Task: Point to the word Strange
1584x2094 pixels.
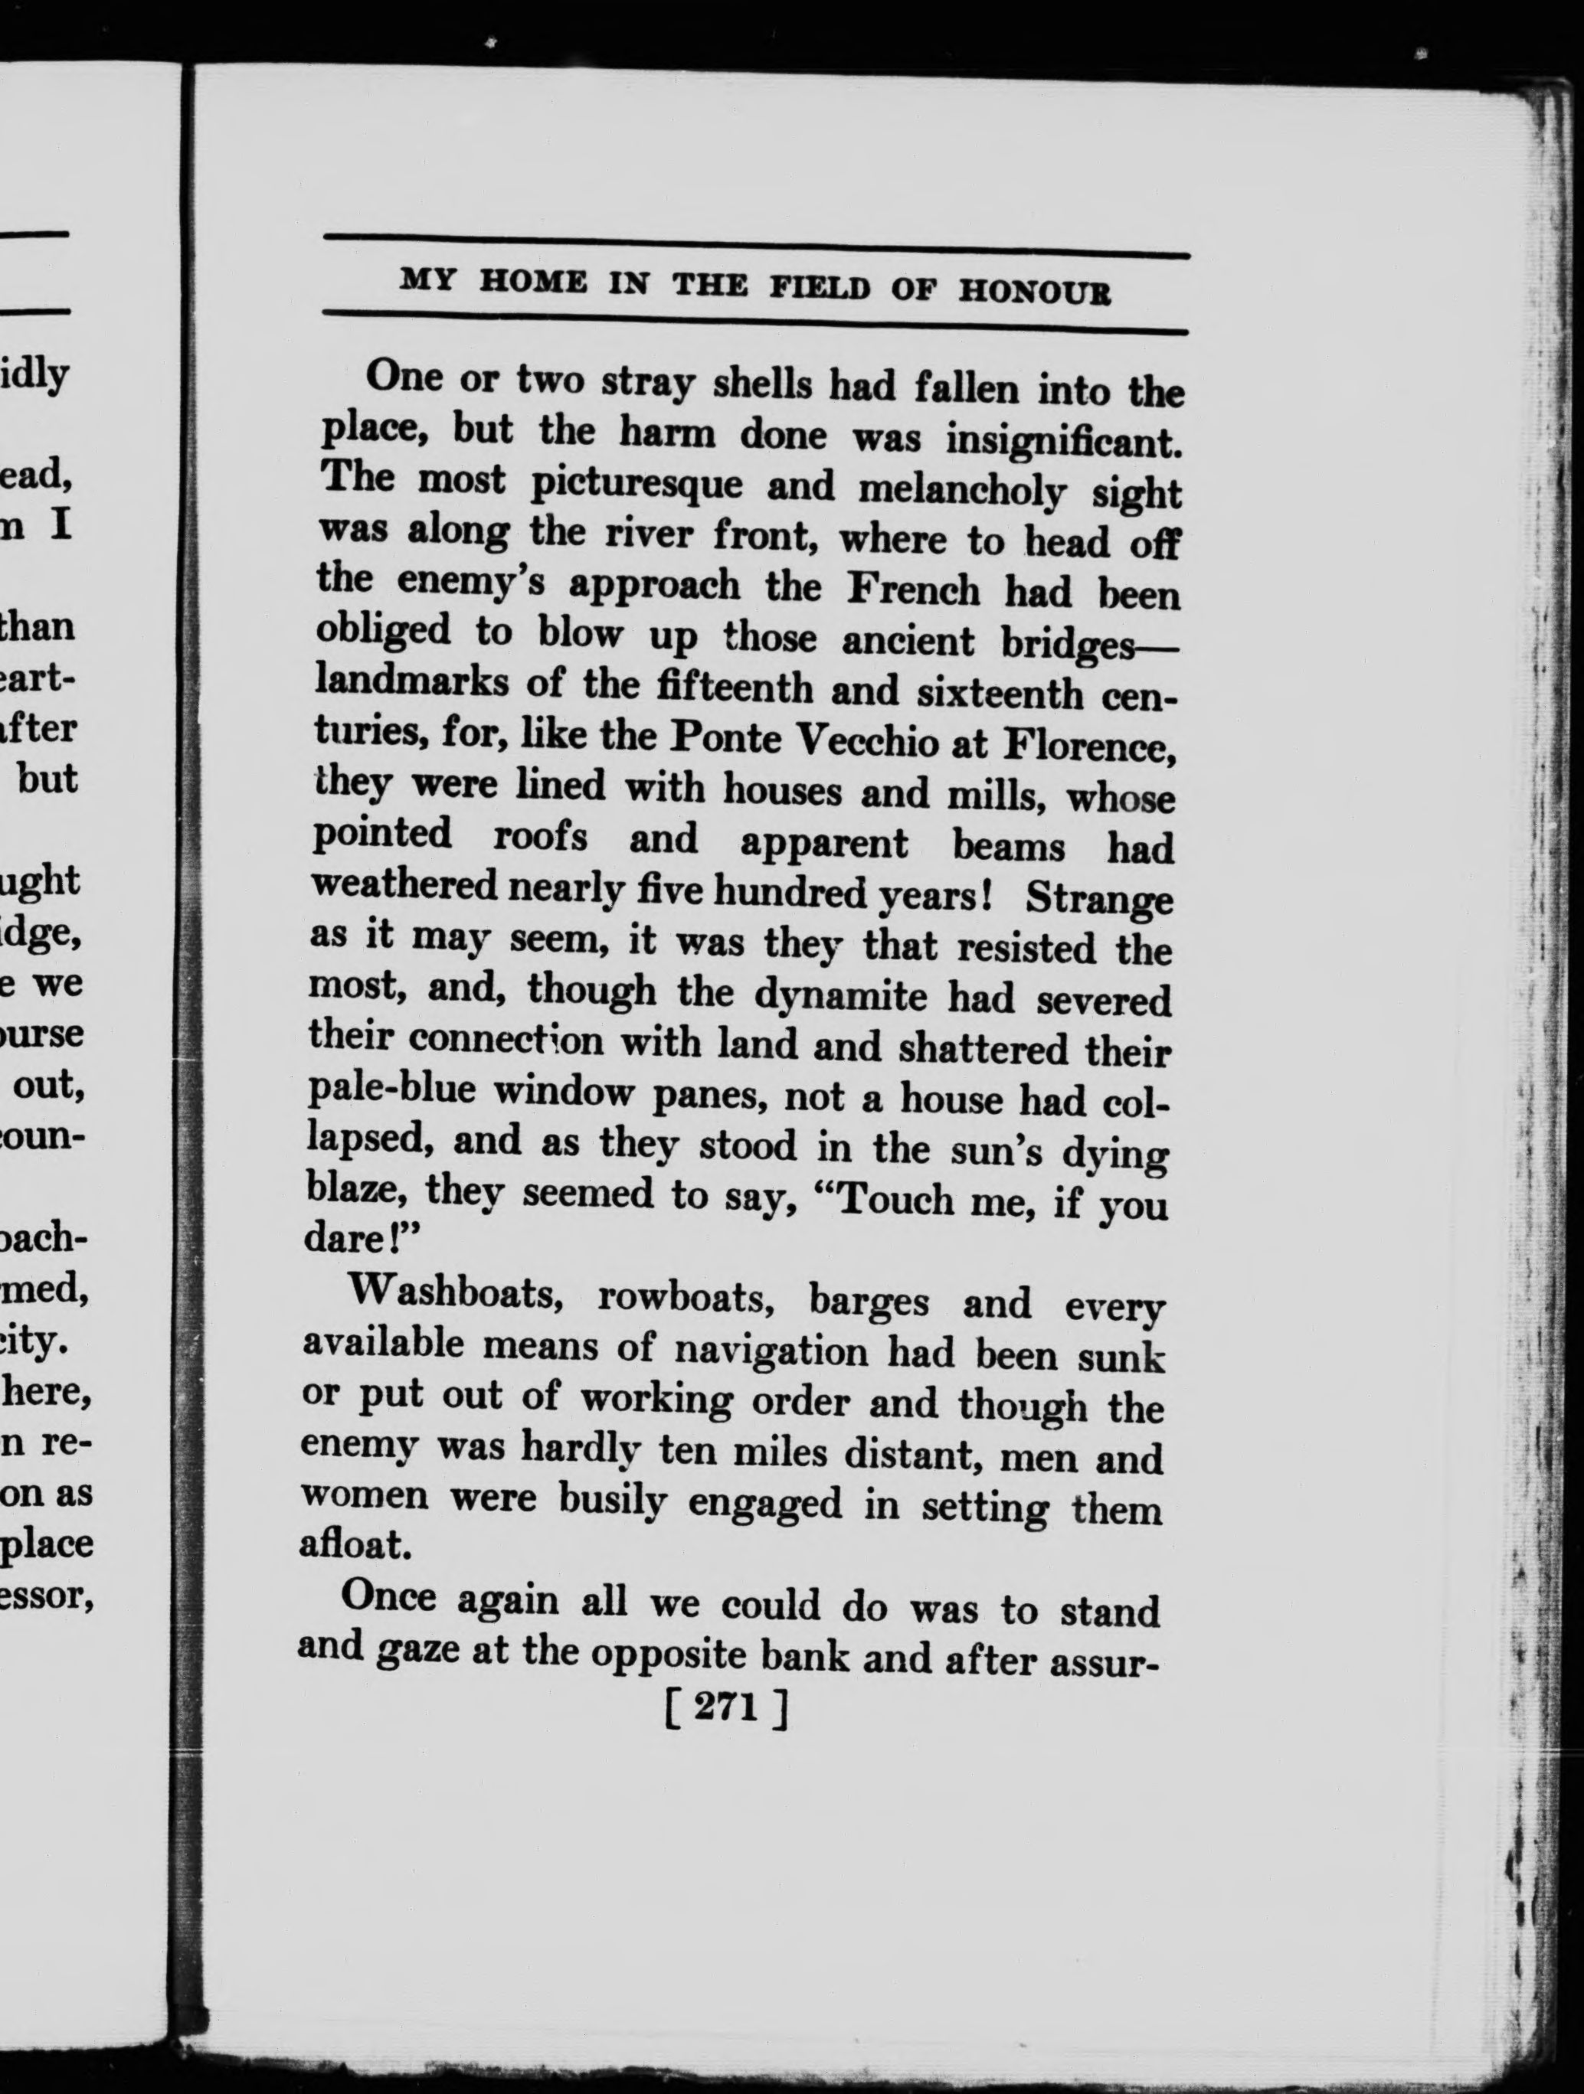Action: coord(1099,897)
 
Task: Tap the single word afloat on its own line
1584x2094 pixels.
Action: coord(353,1545)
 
